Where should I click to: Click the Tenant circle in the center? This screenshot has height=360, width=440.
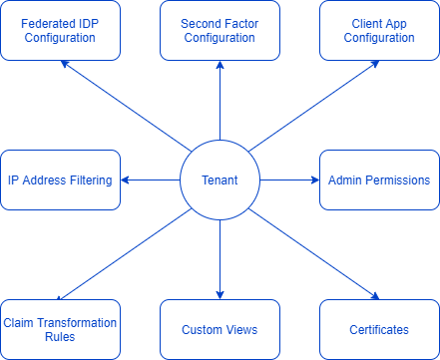coord(220,180)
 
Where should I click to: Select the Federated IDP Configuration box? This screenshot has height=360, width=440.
coord(60,30)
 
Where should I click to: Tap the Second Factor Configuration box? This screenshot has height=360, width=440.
coord(220,30)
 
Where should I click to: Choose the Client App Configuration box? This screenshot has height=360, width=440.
coord(379,30)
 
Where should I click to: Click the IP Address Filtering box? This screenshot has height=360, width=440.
coord(60,180)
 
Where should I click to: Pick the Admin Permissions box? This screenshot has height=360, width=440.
coord(379,180)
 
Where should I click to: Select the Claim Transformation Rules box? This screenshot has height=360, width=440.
coord(60,329)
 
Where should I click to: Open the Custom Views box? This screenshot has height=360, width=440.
coord(220,329)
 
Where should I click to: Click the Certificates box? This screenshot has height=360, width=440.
coord(379,329)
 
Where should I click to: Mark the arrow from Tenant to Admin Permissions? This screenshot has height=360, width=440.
coord(289,180)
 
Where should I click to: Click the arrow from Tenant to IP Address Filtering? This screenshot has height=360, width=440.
coord(150,180)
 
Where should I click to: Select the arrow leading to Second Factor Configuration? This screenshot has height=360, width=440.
coord(220,100)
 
